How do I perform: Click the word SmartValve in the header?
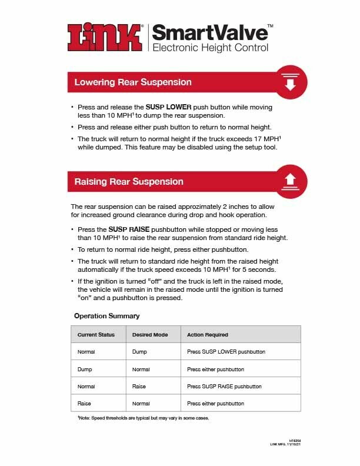click(208, 32)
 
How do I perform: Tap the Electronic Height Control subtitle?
click(210, 48)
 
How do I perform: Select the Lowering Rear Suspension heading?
click(132, 82)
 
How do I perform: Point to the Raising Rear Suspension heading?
click(129, 181)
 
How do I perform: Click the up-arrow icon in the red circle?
click(289, 181)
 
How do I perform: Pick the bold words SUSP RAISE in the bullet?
click(129, 229)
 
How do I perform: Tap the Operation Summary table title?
click(106, 316)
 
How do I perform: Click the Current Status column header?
click(96, 335)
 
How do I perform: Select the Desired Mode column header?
click(150, 335)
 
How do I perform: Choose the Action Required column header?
click(207, 335)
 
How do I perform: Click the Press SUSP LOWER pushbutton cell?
click(226, 352)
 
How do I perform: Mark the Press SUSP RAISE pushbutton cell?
click(224, 387)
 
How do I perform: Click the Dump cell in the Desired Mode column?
click(139, 352)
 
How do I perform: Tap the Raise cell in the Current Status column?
click(84, 404)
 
